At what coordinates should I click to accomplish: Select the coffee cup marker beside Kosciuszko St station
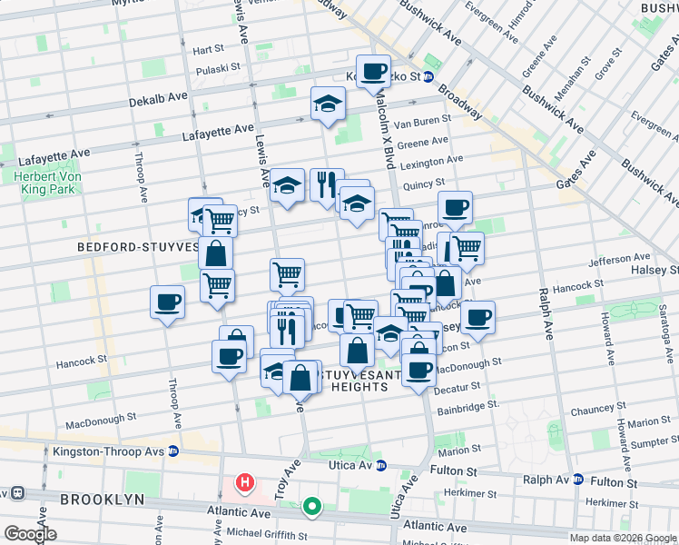pos(372,71)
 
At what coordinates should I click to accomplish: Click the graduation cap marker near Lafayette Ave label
pos(328,104)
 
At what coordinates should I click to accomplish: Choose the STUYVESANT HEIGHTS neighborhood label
pos(366,379)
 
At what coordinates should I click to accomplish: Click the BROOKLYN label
pos(102,500)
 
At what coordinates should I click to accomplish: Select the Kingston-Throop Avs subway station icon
pos(172,451)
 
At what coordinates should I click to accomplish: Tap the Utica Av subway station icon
pos(381,465)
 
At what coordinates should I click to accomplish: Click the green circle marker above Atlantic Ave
pos(312,506)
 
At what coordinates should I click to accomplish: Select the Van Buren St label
pos(421,121)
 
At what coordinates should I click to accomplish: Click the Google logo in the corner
pos(29,534)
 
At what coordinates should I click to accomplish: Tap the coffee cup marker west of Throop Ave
pos(167,302)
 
